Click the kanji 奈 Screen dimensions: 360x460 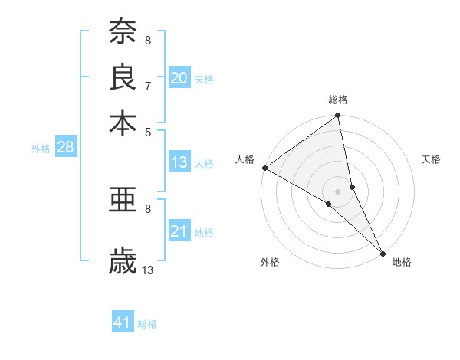123,32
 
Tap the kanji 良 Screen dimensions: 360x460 123,77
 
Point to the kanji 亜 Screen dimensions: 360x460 123,200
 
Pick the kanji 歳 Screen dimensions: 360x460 123,261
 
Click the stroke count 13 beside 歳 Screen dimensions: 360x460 148,270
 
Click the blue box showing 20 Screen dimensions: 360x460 179,78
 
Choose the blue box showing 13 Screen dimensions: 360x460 179,162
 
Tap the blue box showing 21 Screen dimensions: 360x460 179,231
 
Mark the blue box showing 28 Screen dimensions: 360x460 65,148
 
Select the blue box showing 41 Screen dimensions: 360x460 123,323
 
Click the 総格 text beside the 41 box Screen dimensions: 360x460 147,324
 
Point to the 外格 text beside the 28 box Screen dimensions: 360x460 40,149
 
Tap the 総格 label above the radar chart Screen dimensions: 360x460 338,100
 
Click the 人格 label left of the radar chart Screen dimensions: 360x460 245,159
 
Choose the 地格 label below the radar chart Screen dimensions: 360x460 402,262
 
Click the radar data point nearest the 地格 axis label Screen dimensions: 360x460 383,253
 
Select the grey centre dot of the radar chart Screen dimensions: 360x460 338,191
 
